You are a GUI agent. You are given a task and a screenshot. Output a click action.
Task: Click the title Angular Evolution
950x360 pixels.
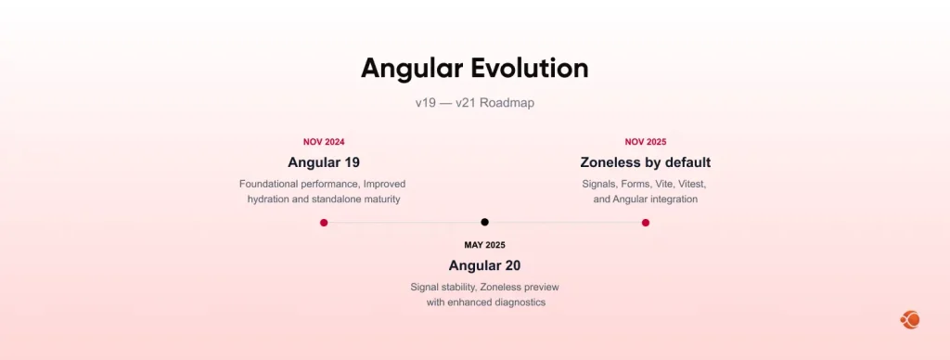pos(474,68)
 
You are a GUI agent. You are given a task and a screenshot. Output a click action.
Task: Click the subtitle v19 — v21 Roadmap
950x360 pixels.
pos(474,103)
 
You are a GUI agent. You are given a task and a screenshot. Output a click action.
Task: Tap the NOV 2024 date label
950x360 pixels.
pos(324,142)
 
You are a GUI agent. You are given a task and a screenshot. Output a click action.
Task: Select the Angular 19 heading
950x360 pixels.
pos(324,162)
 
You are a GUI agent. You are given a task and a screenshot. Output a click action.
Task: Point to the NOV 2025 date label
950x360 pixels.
pos(646,142)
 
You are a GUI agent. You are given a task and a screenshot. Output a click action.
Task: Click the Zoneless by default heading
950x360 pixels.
pos(646,162)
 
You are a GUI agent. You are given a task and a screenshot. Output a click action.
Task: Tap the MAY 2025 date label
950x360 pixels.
pos(484,245)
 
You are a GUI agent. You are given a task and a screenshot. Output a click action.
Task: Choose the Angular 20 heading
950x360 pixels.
pos(484,265)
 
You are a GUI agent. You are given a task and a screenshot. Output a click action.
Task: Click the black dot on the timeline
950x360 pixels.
pos(484,222)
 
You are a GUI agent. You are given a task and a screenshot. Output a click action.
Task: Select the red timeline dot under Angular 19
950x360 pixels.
pos(324,223)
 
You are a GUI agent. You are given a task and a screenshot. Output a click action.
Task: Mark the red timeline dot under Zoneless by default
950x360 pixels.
pos(646,223)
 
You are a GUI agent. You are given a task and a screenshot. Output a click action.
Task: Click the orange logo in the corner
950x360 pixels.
pos(909,320)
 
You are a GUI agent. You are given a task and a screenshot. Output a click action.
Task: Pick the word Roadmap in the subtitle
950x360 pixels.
pos(507,103)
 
